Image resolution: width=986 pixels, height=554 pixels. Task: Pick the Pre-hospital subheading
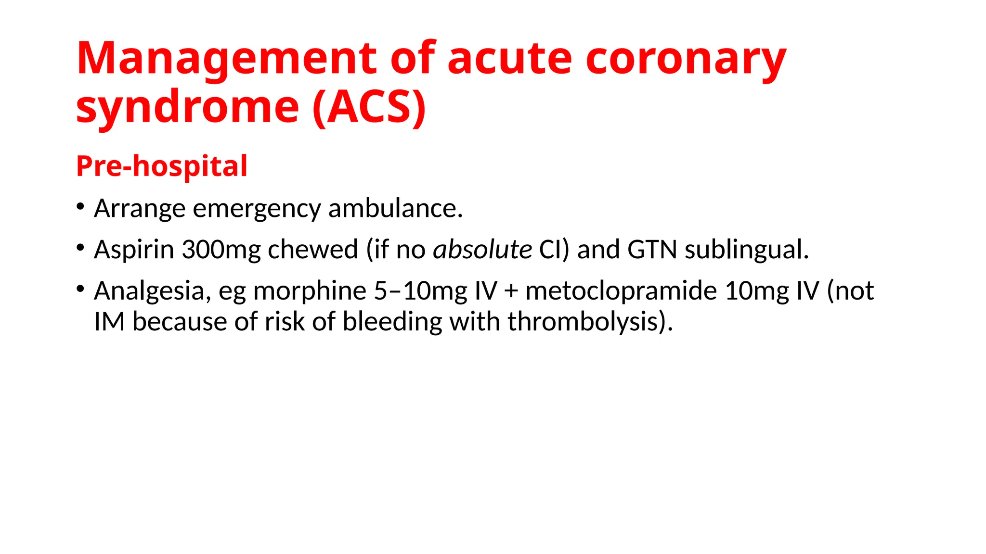(x=162, y=166)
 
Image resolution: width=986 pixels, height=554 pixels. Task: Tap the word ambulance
(x=395, y=208)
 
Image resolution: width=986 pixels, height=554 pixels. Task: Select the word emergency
(x=257, y=209)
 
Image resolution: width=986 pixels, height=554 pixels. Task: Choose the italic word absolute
(x=482, y=249)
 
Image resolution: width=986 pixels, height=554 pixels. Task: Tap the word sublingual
(x=746, y=250)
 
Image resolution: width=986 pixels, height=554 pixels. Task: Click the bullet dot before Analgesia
(x=80, y=289)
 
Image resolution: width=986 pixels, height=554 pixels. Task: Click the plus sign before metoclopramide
(x=511, y=291)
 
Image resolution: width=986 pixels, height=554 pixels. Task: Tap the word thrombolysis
(x=590, y=321)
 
